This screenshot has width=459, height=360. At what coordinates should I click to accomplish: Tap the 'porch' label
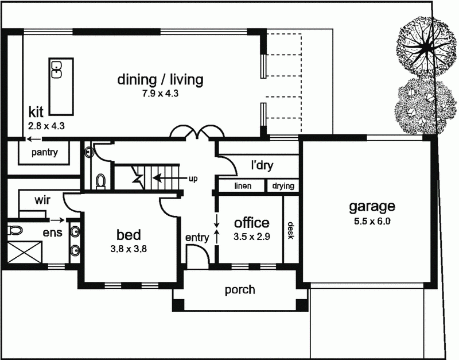point(240,289)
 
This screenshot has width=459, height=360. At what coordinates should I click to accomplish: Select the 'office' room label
point(251,223)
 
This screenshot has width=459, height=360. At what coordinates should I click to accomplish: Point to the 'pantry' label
point(44,152)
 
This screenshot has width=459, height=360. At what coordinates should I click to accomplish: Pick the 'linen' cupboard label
point(243,186)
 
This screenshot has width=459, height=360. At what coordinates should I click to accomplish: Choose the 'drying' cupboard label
point(283,186)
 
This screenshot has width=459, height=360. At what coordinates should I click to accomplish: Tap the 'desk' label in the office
point(291,231)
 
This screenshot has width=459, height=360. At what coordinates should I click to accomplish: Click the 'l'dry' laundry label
point(262,166)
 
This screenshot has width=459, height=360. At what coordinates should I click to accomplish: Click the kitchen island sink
point(57,69)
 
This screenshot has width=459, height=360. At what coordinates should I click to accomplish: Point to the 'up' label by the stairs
point(193,179)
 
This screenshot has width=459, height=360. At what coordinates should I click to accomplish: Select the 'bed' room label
point(129,235)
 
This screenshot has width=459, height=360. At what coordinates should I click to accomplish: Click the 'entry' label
point(196,237)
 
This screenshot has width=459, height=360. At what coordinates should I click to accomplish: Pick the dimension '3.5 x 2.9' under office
point(251,236)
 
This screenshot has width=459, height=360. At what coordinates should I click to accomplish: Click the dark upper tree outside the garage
point(425,44)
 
